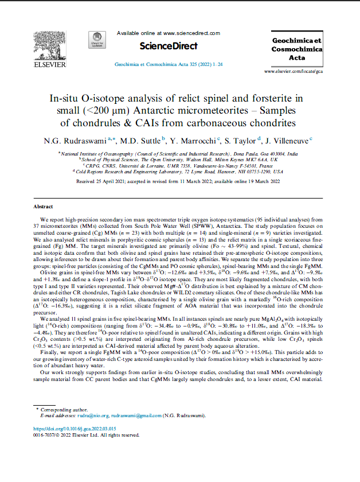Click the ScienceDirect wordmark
169,46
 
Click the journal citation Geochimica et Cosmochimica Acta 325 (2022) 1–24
169,65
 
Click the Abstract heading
44,205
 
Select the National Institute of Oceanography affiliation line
179,154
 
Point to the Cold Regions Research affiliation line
179,171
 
